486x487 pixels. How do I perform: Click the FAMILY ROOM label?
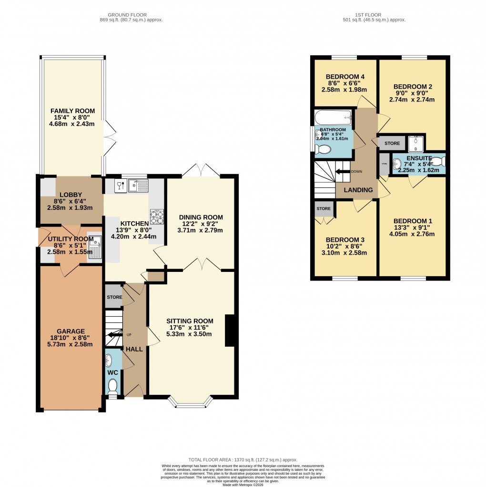point(73,111)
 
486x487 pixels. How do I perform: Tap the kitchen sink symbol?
point(138,185)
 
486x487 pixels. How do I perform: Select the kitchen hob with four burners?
point(157,217)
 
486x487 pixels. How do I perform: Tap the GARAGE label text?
point(71,331)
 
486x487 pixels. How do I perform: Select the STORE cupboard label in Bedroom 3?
point(324,208)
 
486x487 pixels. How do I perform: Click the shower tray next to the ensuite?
point(416,142)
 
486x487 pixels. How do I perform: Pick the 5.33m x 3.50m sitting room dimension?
point(190,334)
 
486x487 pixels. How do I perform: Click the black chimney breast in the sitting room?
point(230,330)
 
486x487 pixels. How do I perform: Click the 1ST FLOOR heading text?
point(374,15)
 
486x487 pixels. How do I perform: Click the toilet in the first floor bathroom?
point(323,150)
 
